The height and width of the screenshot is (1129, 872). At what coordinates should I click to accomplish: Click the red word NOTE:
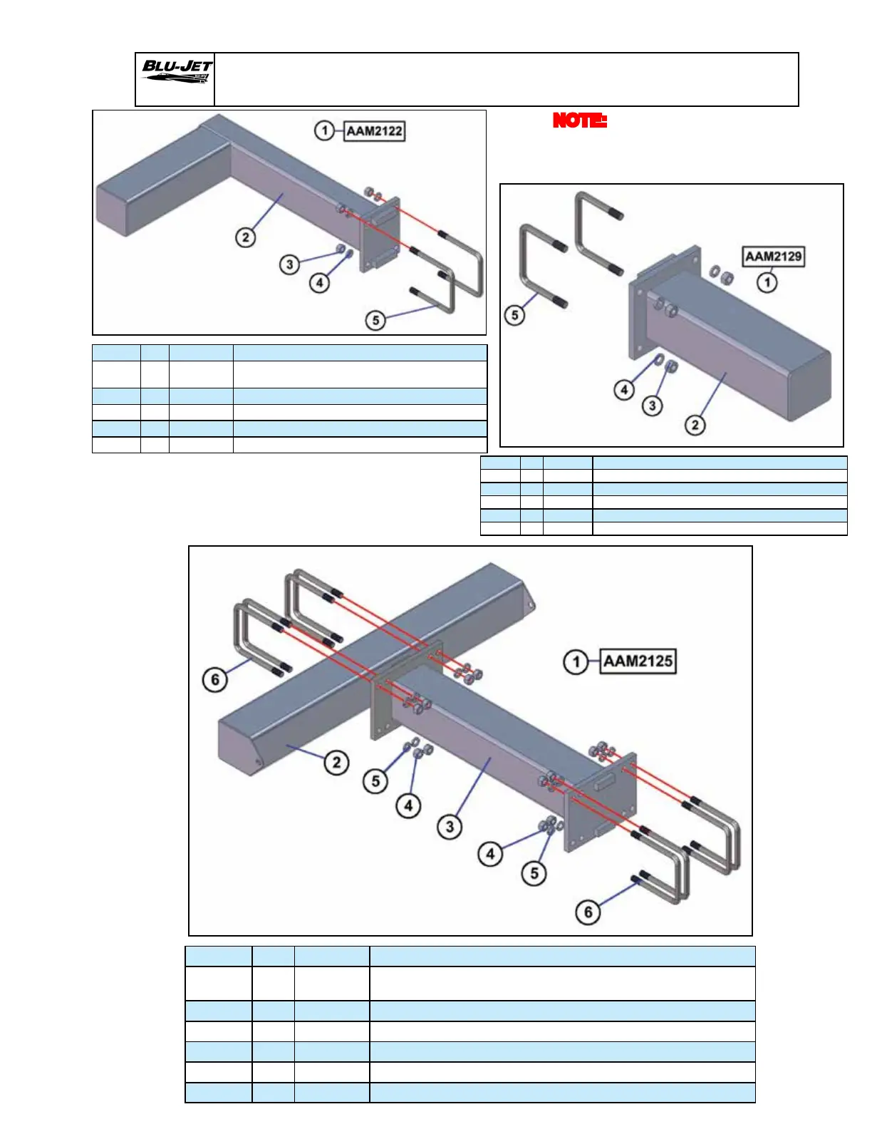[x=579, y=120]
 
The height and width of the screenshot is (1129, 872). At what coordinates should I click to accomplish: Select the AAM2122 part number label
[x=375, y=131]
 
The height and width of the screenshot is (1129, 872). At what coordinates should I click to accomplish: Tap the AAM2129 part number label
[x=773, y=256]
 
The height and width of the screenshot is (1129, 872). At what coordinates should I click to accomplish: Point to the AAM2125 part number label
[x=638, y=661]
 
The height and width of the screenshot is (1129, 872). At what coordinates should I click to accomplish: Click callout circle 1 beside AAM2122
[x=325, y=131]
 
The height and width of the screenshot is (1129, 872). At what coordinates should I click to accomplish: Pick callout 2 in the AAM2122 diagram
[x=246, y=237]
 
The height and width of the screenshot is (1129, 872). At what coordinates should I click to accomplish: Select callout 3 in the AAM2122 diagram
[x=289, y=264]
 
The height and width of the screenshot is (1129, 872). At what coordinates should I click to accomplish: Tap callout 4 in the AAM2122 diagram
[x=319, y=283]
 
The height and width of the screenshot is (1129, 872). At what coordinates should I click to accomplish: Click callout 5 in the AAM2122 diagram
[x=376, y=320]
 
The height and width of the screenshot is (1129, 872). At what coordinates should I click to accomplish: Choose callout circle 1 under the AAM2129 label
[x=767, y=282]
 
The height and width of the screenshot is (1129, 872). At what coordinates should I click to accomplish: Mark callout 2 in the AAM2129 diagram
[x=695, y=426]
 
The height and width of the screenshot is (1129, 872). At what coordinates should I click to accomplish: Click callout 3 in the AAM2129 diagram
[x=653, y=406]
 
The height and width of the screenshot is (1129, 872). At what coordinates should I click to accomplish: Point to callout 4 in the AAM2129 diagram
[x=624, y=389]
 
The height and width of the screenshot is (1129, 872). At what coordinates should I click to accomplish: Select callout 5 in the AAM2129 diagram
[x=514, y=314]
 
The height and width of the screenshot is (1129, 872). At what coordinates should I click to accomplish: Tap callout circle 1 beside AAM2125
[x=575, y=662]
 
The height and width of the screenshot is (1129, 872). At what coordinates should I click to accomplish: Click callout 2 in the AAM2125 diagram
[x=336, y=763]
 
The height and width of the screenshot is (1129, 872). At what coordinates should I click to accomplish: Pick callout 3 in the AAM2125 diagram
[x=450, y=827]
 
